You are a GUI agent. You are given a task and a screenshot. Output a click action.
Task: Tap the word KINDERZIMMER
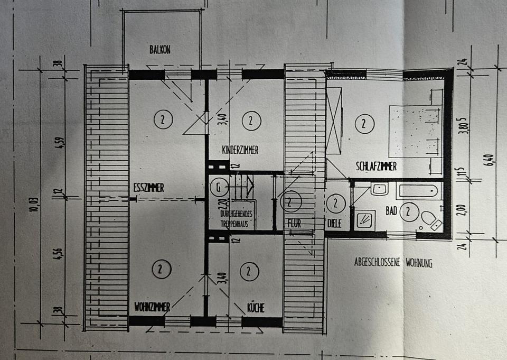240,150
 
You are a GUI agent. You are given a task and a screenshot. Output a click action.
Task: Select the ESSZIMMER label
149,187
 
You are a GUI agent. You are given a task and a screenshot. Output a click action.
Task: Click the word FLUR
294,224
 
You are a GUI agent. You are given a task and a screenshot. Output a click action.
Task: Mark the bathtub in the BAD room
417,191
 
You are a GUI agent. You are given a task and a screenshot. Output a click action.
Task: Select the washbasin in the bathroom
379,189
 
